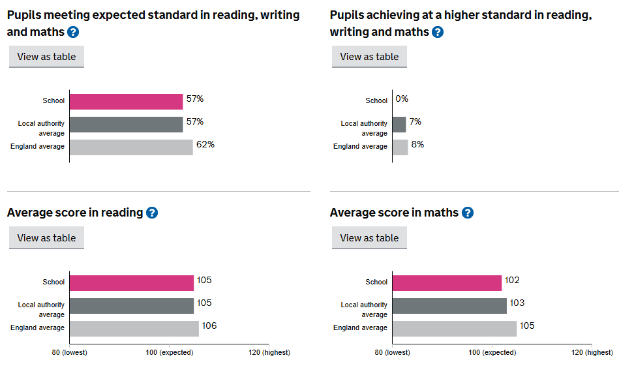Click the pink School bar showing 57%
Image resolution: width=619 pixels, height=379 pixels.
[126, 101]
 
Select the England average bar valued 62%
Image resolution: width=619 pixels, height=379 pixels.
[131, 147]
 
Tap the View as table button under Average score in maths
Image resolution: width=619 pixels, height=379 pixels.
[369, 238]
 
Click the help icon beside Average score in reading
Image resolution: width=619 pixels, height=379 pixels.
[152, 213]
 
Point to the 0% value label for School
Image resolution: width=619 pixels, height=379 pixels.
[402, 99]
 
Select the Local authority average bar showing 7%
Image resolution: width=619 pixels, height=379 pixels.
[399, 124]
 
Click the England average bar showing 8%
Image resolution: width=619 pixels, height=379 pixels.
[400, 147]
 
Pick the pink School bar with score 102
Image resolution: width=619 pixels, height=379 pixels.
[447, 282]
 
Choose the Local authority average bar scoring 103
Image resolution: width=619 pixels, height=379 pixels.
[449, 305]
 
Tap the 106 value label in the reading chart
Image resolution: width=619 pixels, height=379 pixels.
[209, 326]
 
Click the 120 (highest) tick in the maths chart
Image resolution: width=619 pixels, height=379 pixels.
[590, 352]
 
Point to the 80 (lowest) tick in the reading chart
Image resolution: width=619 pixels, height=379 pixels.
[70, 352]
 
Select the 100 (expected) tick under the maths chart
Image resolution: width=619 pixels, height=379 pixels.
[492, 352]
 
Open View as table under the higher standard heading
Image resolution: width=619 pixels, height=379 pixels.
[369, 57]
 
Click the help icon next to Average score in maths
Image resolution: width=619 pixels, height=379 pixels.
[468, 213]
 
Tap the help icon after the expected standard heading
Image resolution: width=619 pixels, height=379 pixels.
[73, 32]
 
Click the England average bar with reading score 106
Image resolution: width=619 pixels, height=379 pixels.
[134, 328]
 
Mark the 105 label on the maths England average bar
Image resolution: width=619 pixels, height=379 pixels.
[527, 326]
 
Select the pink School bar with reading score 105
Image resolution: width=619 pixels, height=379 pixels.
[132, 282]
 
